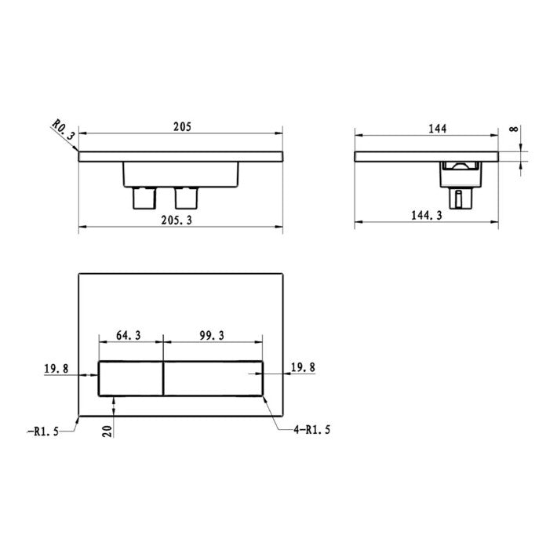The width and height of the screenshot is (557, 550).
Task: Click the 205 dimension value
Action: coord(182,126)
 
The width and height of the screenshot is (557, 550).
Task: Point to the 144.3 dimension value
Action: coord(427,215)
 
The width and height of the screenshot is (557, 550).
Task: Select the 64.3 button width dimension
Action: coord(129,335)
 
